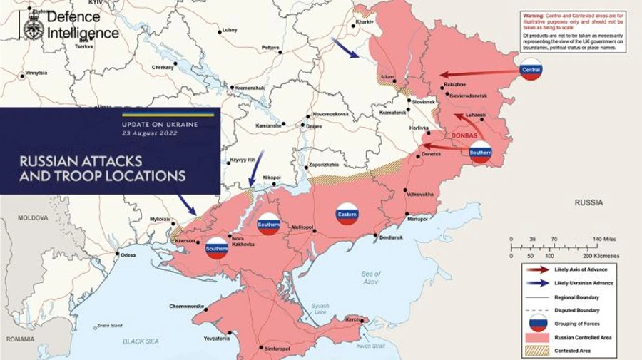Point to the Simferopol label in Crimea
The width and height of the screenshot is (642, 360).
(277, 349)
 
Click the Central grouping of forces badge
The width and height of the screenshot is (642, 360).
(530, 70)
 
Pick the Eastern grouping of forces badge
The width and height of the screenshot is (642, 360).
(347, 213)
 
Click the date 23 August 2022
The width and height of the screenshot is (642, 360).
(150, 133)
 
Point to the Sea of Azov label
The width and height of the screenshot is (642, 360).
(372, 277)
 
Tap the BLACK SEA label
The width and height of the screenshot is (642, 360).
(141, 341)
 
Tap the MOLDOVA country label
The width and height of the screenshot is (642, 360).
(33, 216)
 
